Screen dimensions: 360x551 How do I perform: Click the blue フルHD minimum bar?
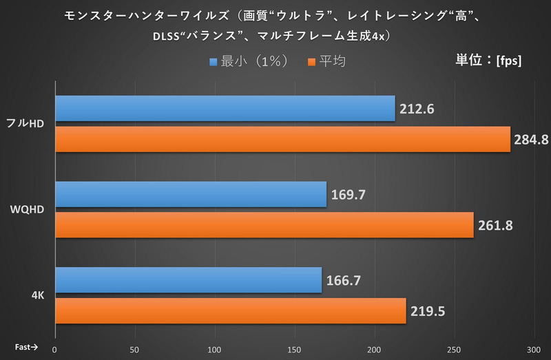pos(225,108)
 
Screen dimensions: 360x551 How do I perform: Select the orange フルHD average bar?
pos(282,139)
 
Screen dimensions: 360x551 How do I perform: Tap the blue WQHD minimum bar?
pos(190,195)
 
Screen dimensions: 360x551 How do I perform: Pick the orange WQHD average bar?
pos(264,225)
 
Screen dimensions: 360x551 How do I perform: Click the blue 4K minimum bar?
pos(188,280)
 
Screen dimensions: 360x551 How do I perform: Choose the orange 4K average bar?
pos(230,310)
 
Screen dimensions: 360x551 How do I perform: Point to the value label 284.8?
pos(530,140)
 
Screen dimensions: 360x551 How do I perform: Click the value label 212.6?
pos(416,109)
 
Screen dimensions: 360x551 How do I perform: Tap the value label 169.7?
pos(347,195)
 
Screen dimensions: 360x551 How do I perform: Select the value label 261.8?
pos(495,226)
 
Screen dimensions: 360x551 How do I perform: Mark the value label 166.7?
pos(342,281)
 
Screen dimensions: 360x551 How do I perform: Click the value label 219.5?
pos(427,311)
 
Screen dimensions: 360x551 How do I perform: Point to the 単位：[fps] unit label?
pos(488,60)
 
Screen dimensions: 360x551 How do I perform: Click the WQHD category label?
pos(28,210)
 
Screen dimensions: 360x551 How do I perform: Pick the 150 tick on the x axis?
pos(295,349)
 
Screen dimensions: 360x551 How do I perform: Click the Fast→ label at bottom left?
pos(27,348)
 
